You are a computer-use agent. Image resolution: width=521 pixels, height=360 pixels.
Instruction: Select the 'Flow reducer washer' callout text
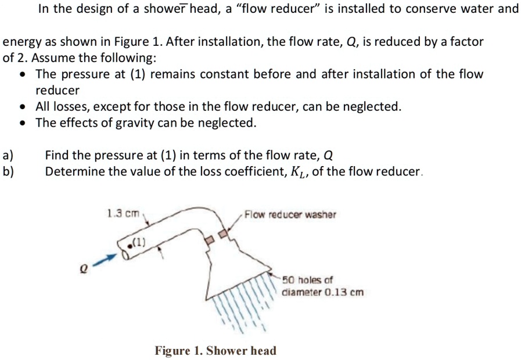pyautogui.click(x=290, y=215)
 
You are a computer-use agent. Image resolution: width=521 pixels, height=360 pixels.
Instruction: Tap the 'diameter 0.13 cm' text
pyautogui.click(x=322, y=292)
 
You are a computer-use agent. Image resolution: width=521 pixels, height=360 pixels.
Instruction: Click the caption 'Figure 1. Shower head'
pyautogui.click(x=215, y=351)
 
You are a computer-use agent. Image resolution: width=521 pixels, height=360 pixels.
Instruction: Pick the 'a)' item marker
pyautogui.click(x=8, y=156)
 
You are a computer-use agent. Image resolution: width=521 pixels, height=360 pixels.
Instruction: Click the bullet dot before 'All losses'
pyautogui.click(x=22, y=107)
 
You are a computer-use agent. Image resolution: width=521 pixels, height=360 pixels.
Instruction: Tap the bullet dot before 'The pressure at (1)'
pyautogui.click(x=22, y=75)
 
